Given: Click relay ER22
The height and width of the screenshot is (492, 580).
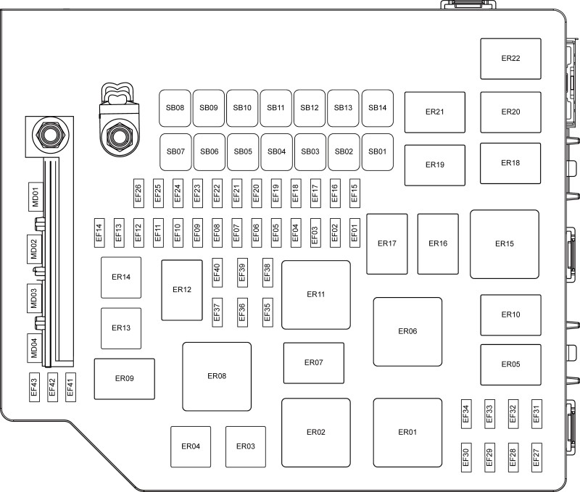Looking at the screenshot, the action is click(x=510, y=59).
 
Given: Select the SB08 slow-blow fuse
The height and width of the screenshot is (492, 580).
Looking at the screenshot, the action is click(x=175, y=108).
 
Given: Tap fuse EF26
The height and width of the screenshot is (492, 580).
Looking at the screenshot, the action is click(x=138, y=193).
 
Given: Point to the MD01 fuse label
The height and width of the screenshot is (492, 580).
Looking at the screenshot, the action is click(x=35, y=196).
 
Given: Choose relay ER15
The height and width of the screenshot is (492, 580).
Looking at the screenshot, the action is click(x=505, y=244).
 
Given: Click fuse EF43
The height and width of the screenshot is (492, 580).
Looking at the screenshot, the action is click(x=34, y=387).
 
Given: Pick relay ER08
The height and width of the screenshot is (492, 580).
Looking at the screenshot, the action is click(x=217, y=376).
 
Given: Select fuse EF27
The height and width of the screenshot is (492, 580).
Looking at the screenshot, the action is click(x=536, y=458).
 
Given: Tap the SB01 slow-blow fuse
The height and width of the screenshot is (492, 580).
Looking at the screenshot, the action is click(x=377, y=152).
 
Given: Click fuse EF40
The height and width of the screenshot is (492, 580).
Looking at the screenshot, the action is click(x=217, y=272).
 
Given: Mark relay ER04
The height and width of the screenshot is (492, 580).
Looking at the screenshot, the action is click(x=191, y=446).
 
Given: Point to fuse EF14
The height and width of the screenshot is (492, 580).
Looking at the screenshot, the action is click(x=99, y=233).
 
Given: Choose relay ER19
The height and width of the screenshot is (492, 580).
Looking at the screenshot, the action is click(x=434, y=165).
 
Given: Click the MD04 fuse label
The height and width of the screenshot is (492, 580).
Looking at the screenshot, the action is click(x=34, y=349).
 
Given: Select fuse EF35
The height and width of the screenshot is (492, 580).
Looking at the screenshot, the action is click(x=268, y=313).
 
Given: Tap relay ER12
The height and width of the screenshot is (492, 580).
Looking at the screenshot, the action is click(x=182, y=290).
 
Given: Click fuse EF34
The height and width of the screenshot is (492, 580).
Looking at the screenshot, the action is click(x=466, y=414).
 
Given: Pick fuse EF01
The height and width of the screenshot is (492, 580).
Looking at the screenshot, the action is click(x=355, y=233).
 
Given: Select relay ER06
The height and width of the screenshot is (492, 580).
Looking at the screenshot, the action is click(x=407, y=332).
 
